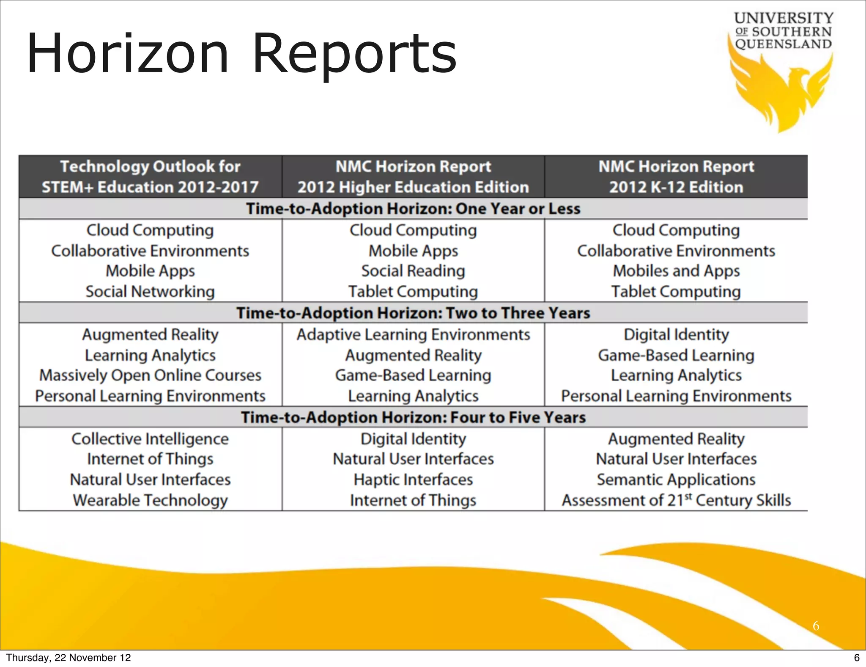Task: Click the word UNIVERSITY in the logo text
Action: (784, 18)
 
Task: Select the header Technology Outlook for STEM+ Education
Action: (150, 176)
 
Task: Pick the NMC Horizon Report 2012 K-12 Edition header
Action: (676, 176)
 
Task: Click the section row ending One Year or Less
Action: (413, 209)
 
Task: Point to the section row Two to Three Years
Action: (413, 313)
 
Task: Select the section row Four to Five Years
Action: (413, 417)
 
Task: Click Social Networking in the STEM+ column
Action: (150, 292)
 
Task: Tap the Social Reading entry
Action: (413, 271)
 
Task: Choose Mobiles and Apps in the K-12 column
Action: (676, 271)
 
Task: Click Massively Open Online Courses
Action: (150, 375)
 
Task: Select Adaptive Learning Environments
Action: (413, 335)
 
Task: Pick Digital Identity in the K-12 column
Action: (676, 335)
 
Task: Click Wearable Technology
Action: (150, 500)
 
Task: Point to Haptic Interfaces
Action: (413, 480)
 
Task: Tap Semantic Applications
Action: (676, 480)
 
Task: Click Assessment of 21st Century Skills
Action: (676, 500)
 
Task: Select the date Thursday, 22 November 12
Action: (69, 658)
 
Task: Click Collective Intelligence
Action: (150, 439)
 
